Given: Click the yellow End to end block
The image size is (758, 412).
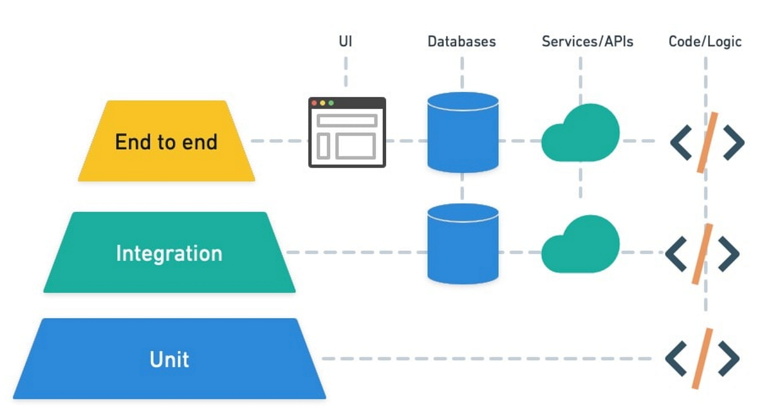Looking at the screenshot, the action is (167, 141).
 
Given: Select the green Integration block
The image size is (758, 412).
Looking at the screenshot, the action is (169, 252).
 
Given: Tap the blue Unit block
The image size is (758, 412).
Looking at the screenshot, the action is (169, 358).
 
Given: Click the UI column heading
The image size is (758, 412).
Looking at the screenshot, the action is (346, 42).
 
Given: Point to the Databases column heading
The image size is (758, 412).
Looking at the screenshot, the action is (462, 42).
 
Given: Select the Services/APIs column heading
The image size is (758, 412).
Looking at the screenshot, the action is (587, 42).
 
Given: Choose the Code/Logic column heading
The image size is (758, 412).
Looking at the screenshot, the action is (705, 42).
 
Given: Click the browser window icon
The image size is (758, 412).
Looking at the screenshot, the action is (347, 132).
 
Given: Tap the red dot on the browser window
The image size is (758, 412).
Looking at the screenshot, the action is (314, 103).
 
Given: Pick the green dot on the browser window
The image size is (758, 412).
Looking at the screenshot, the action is (331, 103).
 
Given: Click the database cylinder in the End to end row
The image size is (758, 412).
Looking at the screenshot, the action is (463, 132).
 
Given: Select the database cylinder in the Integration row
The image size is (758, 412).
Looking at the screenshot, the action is (463, 244).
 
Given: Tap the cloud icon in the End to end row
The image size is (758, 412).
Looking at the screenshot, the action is (581, 132).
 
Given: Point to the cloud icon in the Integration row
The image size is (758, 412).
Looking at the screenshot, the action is (581, 244).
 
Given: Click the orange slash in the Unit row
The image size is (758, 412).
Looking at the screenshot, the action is (702, 358).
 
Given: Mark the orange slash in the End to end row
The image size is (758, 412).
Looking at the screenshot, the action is (707, 143).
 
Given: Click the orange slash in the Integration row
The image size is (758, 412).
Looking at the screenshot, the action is (702, 254).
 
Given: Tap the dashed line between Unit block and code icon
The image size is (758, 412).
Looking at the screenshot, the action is (487, 358).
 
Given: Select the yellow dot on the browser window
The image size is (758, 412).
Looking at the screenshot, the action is (323, 103).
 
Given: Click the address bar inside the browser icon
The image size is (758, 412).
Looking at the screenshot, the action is (347, 121).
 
